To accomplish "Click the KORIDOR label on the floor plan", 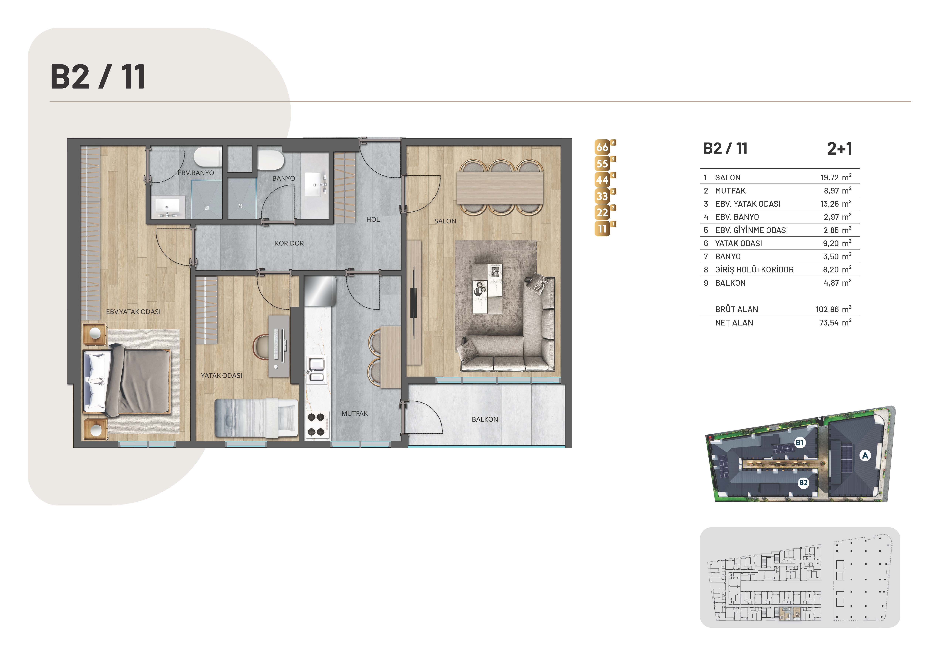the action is pos(289,243).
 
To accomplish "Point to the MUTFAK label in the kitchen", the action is pos(355,413).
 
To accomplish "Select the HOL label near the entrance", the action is pos(373,220).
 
